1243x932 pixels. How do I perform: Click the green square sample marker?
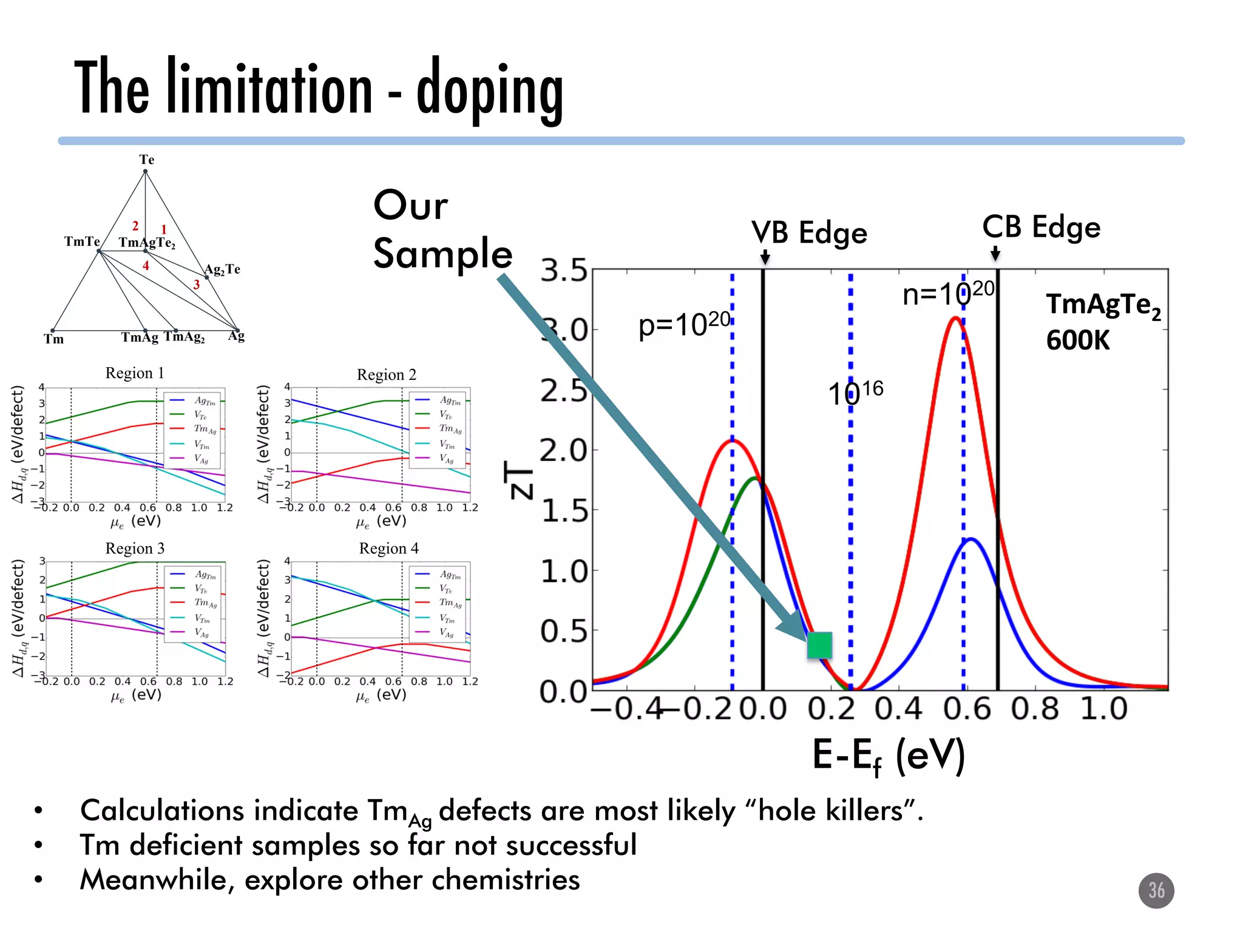tap(819, 645)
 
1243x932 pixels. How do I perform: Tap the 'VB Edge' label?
tap(809, 233)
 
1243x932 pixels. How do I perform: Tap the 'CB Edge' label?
tap(1041, 228)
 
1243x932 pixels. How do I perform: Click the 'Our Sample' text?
tap(442, 229)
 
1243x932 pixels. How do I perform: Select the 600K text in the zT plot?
tap(1077, 340)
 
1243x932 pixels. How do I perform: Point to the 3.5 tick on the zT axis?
tap(564, 271)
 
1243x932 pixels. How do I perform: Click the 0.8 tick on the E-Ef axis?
tap(1035, 709)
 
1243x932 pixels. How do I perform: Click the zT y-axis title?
tap(520, 479)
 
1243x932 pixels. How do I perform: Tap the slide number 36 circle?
tap(1156, 891)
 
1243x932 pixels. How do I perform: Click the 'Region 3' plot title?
tap(135, 549)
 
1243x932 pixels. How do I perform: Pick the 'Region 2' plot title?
tap(387, 375)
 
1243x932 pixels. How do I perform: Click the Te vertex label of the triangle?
tap(147, 160)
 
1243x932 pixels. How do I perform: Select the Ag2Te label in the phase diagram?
tap(222, 269)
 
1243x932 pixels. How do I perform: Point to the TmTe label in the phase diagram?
tap(82, 241)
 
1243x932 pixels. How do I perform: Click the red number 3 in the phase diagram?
tap(197, 285)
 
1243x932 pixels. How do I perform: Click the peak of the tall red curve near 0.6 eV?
tap(956, 318)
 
